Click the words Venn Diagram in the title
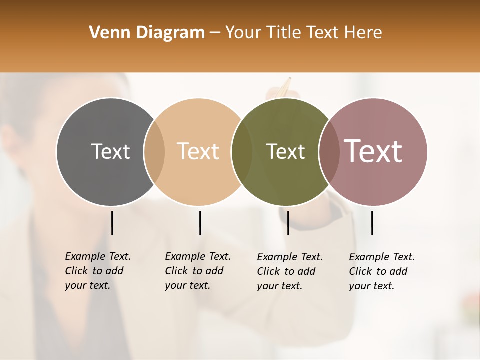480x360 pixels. pos(147,33)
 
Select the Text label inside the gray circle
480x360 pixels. pos(110,151)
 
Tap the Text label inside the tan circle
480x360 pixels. pos(198,151)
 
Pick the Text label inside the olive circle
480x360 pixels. pos(285,151)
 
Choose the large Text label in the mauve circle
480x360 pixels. pos(373,151)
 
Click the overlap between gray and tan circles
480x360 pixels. pos(154,152)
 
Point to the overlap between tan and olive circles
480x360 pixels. pos(242,152)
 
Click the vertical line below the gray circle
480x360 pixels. pos(112,223)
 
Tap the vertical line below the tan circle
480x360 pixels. pos(200,223)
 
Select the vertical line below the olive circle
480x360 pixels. pos(288,223)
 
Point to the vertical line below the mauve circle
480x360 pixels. pos(372,223)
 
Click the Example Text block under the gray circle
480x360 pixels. pos(98,271)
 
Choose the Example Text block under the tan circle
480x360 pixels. pos(198,271)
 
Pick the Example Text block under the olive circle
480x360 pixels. pos(290,271)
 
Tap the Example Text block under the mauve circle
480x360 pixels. pos(382,271)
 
